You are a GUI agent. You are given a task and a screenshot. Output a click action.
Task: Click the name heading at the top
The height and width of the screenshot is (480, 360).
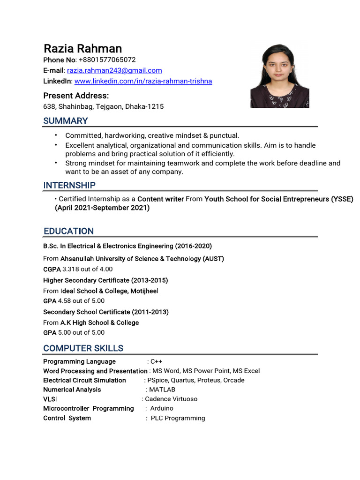click(x=82, y=49)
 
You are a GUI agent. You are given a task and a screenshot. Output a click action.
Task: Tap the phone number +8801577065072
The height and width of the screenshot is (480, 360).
click(x=107, y=60)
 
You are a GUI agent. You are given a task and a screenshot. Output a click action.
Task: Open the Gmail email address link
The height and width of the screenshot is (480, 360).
click(x=114, y=70)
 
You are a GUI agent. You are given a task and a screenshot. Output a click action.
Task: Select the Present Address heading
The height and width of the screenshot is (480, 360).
click(x=76, y=96)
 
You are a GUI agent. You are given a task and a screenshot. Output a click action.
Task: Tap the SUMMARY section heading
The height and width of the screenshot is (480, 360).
click(x=66, y=121)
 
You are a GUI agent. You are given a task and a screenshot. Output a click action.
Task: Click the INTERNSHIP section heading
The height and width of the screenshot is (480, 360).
click(x=69, y=185)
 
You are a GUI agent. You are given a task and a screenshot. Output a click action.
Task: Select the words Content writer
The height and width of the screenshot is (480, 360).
click(x=160, y=199)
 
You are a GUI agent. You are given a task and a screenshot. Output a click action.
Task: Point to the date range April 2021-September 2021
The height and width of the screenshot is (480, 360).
click(x=102, y=208)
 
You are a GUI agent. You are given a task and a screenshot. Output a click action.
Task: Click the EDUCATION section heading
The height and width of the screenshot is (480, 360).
click(x=68, y=231)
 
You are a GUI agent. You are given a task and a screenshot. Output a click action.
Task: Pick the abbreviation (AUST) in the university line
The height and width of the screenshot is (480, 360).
click(x=213, y=259)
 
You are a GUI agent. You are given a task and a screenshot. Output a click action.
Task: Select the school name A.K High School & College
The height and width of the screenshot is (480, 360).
click(x=99, y=322)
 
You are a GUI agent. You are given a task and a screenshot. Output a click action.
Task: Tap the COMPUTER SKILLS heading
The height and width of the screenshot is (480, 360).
click(x=83, y=348)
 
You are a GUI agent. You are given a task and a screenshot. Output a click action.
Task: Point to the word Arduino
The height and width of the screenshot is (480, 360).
click(x=162, y=409)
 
